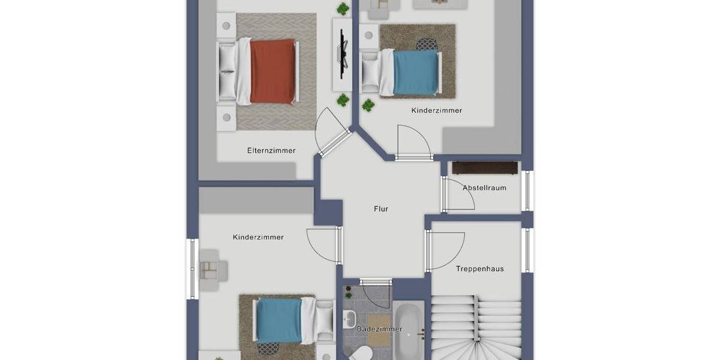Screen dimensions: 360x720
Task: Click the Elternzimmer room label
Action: (271, 151)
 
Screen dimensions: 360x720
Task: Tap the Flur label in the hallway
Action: (380, 209)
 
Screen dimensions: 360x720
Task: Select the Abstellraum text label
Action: (484, 188)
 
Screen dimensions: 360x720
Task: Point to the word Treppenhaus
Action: (479, 269)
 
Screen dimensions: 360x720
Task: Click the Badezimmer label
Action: (379, 329)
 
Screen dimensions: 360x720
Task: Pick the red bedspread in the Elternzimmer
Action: (274, 71)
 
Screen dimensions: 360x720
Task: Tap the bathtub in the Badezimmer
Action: (409, 330)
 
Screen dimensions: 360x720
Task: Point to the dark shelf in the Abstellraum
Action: (485, 167)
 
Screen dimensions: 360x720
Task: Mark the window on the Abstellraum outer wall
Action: (527, 191)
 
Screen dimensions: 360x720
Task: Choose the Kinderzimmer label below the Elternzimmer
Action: (258, 238)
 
